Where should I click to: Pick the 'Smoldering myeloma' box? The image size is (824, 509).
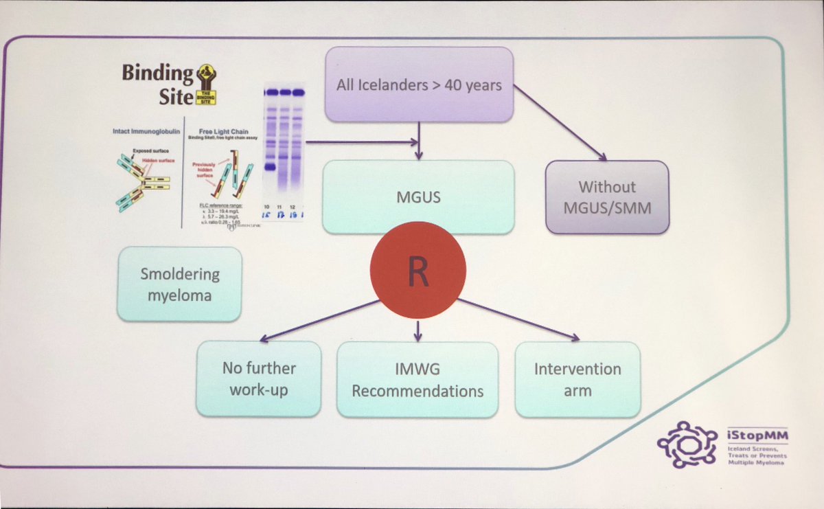[x=179, y=284]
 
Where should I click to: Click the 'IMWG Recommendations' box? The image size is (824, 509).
[x=417, y=380]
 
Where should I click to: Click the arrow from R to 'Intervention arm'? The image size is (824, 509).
[x=518, y=319]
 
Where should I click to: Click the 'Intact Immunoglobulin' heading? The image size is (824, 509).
[x=146, y=128]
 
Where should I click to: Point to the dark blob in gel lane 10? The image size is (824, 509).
[x=270, y=167]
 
